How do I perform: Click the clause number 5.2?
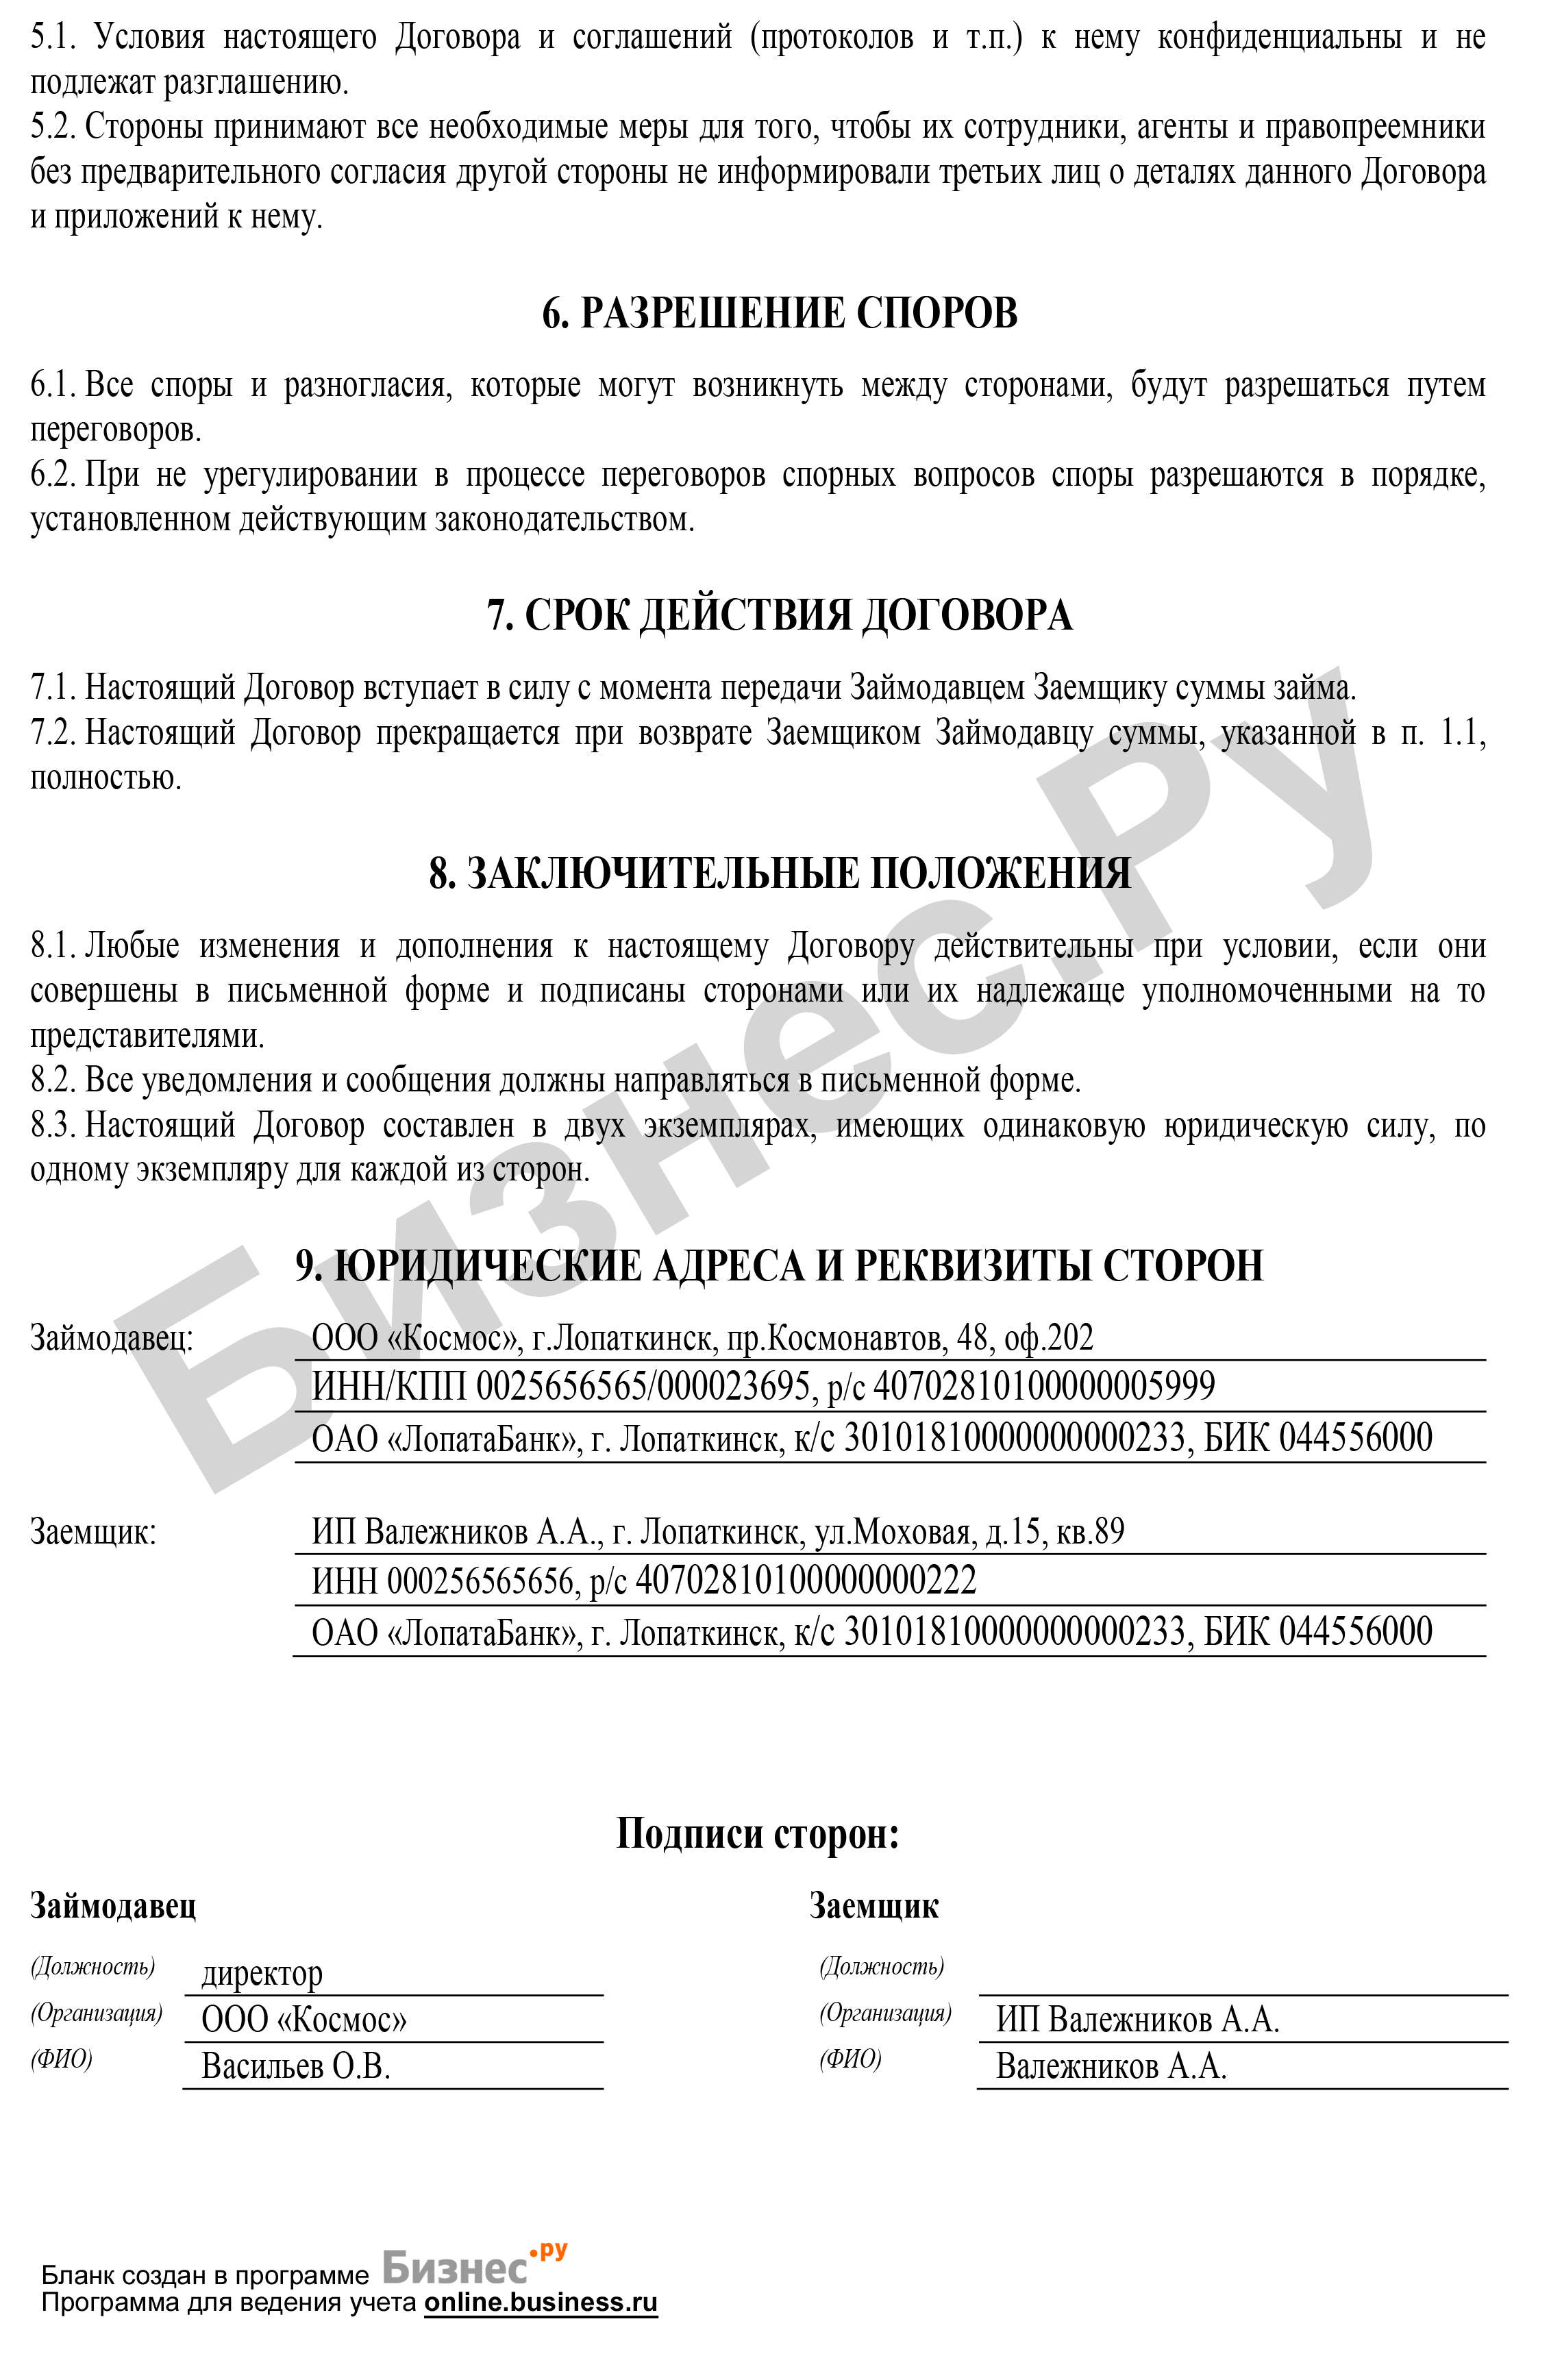53,127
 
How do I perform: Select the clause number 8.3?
53,1126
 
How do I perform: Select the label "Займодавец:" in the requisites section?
112,1338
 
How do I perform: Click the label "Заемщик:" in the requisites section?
94,1531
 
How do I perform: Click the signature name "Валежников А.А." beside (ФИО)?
1111,2066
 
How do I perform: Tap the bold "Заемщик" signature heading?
873,1906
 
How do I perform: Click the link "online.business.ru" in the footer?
541,2302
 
